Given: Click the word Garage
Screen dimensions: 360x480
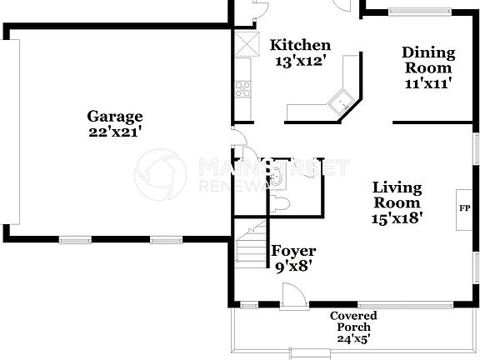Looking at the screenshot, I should click(115, 117).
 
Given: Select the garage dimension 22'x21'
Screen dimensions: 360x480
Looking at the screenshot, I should click(115, 131).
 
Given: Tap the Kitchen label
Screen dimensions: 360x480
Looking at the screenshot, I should click(301, 45).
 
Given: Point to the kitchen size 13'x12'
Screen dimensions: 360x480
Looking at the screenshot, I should click(301, 60).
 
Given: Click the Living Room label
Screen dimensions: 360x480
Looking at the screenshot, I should click(396, 195).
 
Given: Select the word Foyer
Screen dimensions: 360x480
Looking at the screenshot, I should click(293, 251).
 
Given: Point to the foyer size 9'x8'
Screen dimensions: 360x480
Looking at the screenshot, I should click(293, 267).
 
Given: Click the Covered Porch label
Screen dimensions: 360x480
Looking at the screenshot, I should click(352, 321).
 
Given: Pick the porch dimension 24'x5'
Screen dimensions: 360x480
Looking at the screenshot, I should click(352, 338).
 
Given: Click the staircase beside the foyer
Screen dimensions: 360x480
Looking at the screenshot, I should click(250, 247).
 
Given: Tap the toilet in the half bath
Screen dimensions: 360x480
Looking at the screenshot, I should click(281, 202).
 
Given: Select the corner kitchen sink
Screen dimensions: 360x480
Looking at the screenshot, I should click(341, 103).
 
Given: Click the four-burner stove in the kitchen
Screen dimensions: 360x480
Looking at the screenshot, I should click(244, 87).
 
